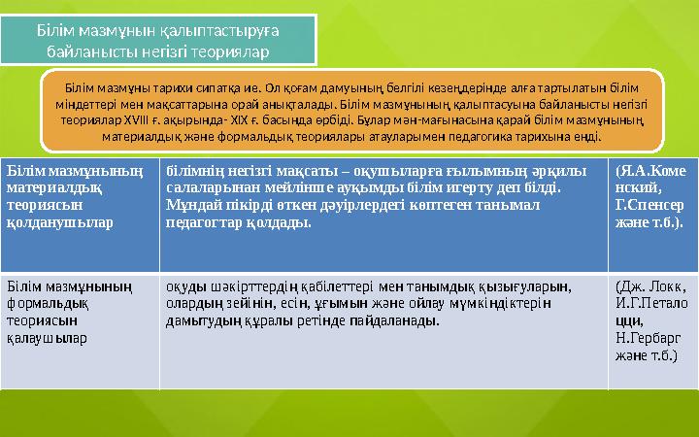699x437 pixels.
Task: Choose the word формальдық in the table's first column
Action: point(47,304)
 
